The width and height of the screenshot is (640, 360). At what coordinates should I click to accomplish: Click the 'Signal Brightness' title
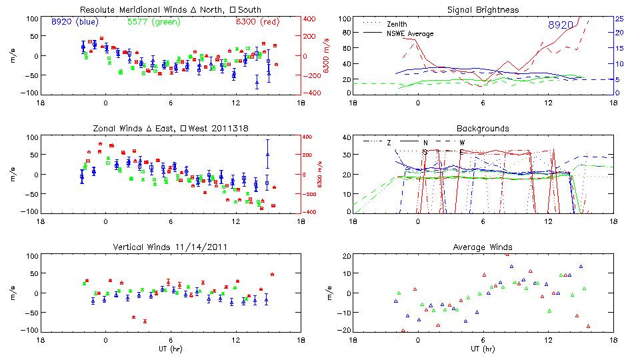[x=483, y=9]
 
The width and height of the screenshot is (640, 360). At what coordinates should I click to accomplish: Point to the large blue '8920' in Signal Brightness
[x=561, y=25]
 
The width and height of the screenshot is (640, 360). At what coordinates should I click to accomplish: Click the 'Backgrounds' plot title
[x=483, y=128]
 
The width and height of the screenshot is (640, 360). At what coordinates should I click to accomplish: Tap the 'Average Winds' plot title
[x=483, y=247]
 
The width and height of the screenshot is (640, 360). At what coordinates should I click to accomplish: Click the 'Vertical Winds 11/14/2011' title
[x=170, y=247]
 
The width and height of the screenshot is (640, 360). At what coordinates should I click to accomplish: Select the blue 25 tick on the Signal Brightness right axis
[x=619, y=19]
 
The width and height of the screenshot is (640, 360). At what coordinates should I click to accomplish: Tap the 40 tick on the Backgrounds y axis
[x=346, y=138]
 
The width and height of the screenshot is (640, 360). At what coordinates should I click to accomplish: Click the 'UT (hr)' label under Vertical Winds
[x=170, y=349]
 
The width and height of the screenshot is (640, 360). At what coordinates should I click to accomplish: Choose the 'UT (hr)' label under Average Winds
[x=483, y=349]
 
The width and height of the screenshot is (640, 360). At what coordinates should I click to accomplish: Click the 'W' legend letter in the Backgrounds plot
[x=460, y=142]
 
